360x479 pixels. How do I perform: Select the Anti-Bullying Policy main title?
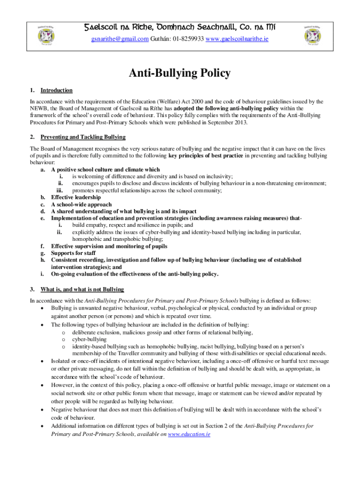point(180,73)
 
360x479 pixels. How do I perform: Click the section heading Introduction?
point(56,90)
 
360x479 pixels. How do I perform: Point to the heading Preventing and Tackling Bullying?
point(83,137)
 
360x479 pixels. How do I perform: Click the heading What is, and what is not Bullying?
point(82,290)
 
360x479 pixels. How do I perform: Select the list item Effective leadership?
point(76,197)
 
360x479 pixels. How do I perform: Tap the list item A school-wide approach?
point(81,204)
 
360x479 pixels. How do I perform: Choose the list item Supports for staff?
point(73,253)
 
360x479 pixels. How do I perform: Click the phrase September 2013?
point(228,123)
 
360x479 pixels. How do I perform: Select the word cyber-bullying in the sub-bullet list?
point(89,339)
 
